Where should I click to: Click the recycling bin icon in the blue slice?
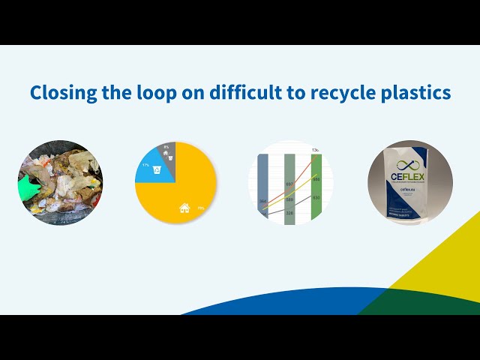[x=155, y=170]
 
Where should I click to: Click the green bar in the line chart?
[x=316, y=184]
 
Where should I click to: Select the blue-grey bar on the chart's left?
[x=262, y=184]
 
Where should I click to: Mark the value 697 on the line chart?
[x=289, y=184]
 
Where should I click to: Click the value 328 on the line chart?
[x=289, y=214]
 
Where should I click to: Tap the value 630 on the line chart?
[x=316, y=197]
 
